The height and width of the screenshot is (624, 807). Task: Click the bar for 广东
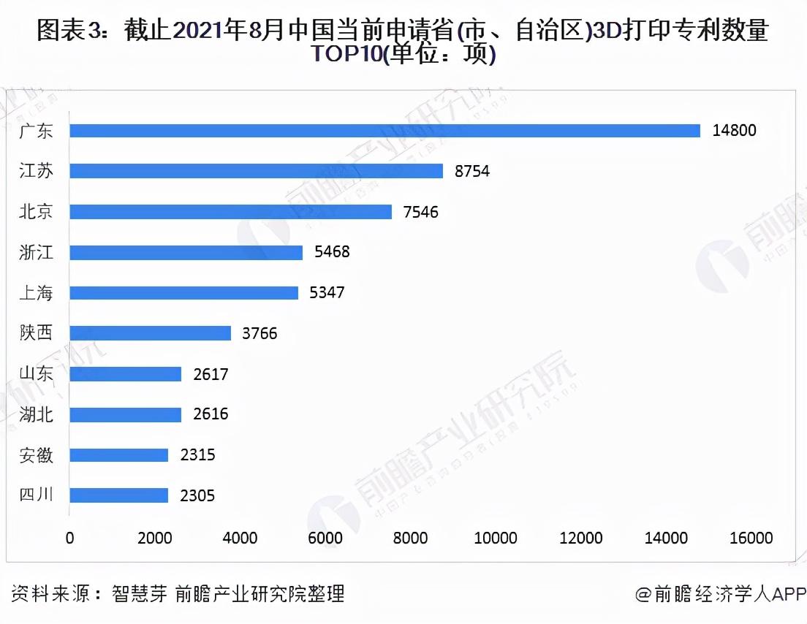pos(384,131)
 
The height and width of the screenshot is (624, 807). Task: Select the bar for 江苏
pos(256,171)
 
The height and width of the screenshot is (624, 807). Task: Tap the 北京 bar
pos(230,212)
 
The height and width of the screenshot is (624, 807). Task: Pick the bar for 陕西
pos(150,333)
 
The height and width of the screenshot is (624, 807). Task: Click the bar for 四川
pos(119,495)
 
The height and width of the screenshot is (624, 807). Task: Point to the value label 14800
pos(735,131)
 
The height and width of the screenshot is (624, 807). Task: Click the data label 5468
pos(331,252)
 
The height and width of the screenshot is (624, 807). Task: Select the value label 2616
pos(210,414)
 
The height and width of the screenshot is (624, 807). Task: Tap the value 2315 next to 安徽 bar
pos(197,455)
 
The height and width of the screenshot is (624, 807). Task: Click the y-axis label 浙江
pos(36,252)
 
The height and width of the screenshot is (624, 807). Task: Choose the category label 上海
pos(36,293)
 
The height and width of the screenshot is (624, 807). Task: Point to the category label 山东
pos(36,374)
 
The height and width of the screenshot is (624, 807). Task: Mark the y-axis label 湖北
pos(36,414)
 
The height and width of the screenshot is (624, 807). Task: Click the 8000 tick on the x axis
pos(410,539)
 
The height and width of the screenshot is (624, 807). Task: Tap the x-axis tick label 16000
pos(751,539)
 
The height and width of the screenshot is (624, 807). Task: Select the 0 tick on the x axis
pos(70,539)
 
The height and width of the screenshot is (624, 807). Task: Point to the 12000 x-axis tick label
pos(580,539)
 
